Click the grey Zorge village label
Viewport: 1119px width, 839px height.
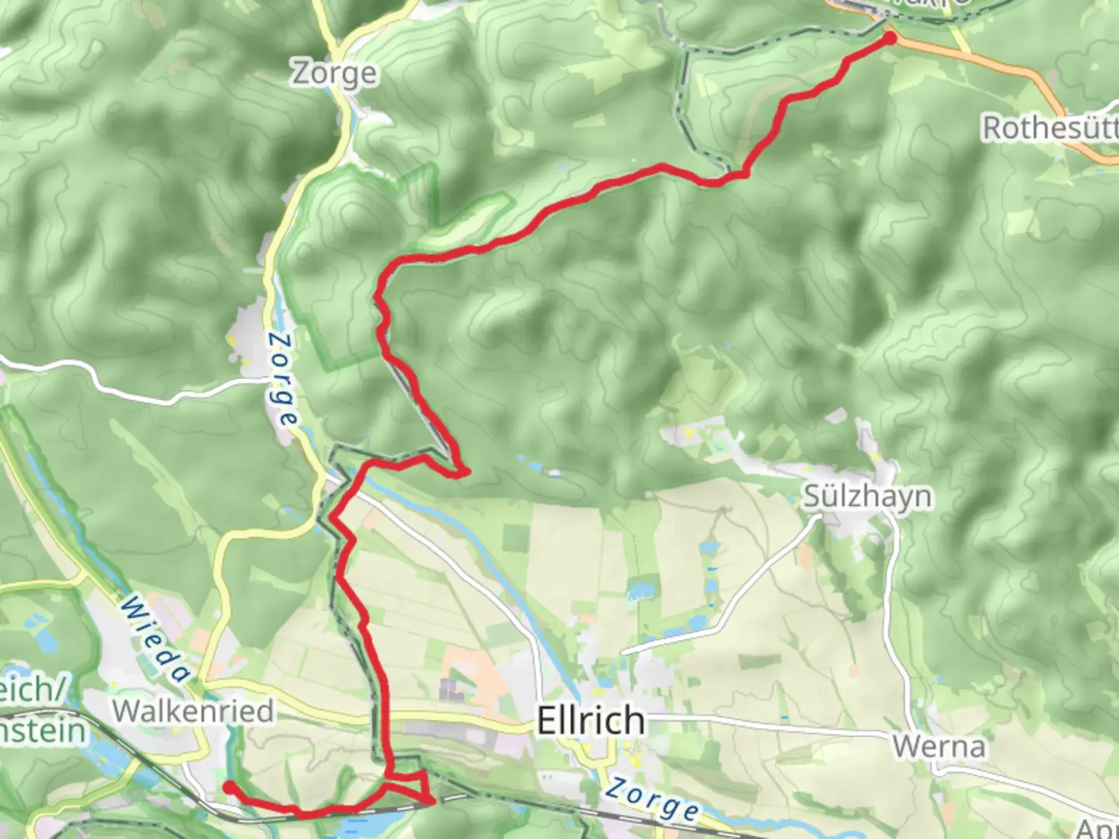point(335,73)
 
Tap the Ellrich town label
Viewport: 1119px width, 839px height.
point(591,721)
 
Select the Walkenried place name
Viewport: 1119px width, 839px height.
point(193,711)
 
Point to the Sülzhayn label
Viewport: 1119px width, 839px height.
point(866,496)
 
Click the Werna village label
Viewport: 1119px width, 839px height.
point(939,747)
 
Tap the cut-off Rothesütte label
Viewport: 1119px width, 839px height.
point(1050,128)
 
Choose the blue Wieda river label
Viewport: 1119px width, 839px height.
point(155,639)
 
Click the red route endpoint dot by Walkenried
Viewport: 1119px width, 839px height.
point(228,788)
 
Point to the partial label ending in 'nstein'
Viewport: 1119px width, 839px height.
point(43,731)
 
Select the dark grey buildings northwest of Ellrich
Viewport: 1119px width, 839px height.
point(449,688)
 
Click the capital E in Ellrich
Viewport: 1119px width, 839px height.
point(547,721)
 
